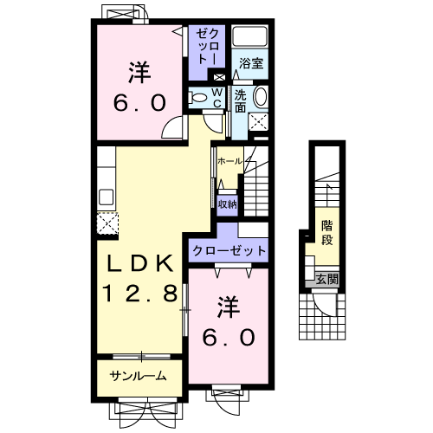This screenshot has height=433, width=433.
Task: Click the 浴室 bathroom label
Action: (252, 62)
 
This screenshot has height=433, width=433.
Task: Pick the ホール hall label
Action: (229, 162)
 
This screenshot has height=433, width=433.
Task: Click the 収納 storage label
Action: (227, 204)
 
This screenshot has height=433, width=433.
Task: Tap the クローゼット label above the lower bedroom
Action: (229, 250)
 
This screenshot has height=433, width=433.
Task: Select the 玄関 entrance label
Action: (327, 279)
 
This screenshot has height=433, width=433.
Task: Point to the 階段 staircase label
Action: (327, 231)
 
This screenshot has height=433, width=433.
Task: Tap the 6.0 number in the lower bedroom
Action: (229, 337)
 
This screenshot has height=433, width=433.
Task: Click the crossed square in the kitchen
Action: (107, 223)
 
